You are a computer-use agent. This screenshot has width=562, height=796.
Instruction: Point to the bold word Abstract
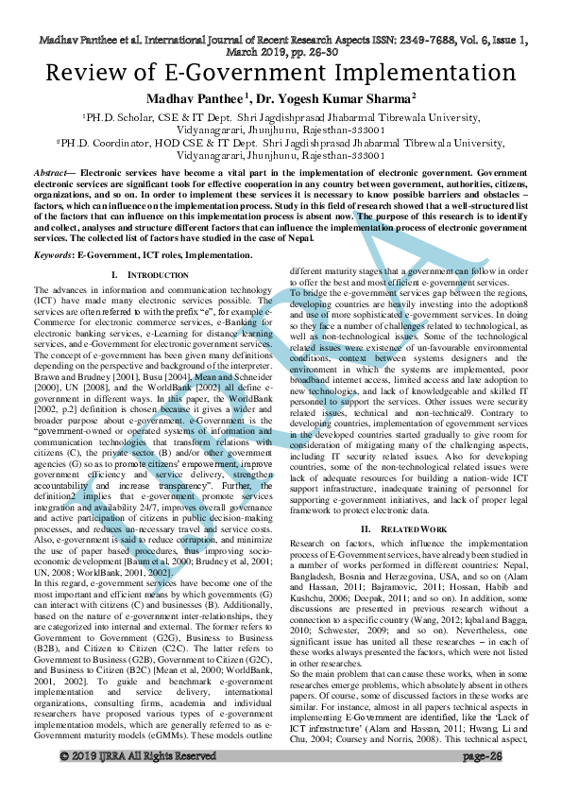pos(52,175)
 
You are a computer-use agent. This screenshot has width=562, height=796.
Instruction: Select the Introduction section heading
pos(144,275)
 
